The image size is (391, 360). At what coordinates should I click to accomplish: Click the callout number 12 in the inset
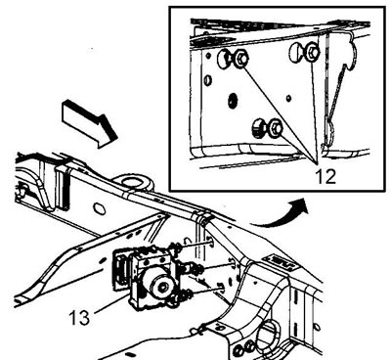pyautogui.click(x=326, y=176)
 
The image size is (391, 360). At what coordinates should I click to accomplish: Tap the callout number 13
pyautogui.click(x=79, y=317)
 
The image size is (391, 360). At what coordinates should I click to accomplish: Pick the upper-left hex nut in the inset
pyautogui.click(x=240, y=59)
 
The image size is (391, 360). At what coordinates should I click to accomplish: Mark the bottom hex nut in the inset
pyautogui.click(x=276, y=127)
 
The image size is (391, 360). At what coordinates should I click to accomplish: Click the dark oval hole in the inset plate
pyautogui.click(x=233, y=101)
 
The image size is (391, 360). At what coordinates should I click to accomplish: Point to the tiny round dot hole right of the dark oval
pyautogui.click(x=288, y=98)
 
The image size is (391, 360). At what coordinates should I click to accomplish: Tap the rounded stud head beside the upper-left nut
pyautogui.click(x=224, y=59)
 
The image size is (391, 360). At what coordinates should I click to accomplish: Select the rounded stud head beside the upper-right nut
pyautogui.click(x=296, y=52)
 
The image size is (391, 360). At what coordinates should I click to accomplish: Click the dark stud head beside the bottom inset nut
pyautogui.click(x=259, y=127)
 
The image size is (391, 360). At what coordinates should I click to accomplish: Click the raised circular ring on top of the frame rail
pyautogui.click(x=134, y=183)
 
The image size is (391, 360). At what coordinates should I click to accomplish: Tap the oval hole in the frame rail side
pyautogui.click(x=100, y=208)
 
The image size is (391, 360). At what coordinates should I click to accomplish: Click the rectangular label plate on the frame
pyautogui.click(x=281, y=262)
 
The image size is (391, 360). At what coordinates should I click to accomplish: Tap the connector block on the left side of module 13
pyautogui.click(x=122, y=269)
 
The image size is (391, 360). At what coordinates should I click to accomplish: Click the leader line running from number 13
pyautogui.click(x=110, y=303)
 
